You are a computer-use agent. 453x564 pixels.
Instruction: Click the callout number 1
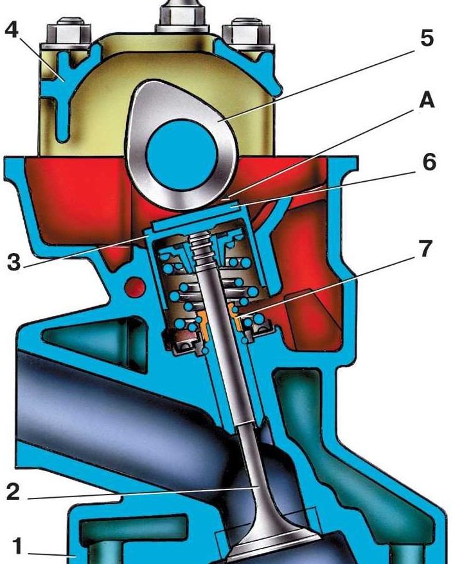point(17,545)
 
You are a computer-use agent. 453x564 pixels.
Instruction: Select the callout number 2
point(13,491)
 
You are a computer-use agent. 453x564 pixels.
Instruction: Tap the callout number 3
point(13,261)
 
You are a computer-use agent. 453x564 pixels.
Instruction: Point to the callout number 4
point(12,29)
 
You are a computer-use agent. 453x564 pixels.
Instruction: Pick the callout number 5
point(427,37)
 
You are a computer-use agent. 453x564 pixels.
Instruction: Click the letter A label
point(427,100)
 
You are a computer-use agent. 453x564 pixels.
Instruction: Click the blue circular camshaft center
point(182,155)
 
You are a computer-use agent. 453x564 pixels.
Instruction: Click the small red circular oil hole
point(134,286)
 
